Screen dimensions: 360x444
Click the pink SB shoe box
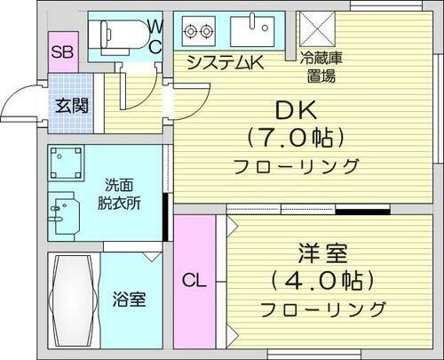pyautogui.click(x=61, y=52)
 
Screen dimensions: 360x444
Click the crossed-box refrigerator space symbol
pyautogui.click(x=315, y=30)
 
